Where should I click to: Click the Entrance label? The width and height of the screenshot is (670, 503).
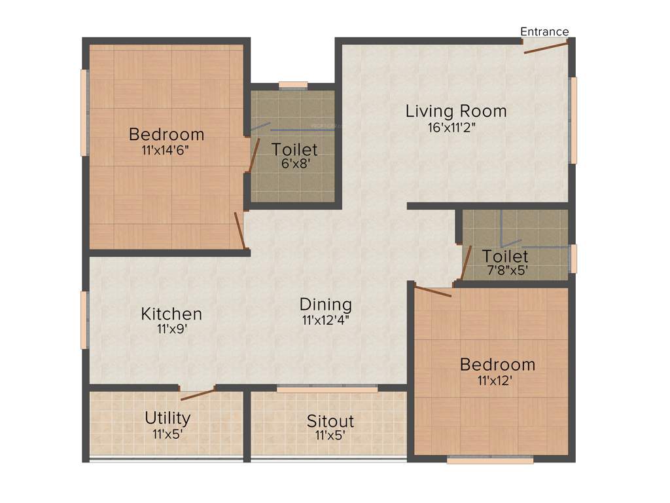pos(544,31)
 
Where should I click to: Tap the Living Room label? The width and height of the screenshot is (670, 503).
pos(456,111)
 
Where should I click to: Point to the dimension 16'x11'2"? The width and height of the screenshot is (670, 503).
pos(451,128)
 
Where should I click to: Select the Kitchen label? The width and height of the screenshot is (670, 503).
pos(171,314)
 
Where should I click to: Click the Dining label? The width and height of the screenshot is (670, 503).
pos(326,305)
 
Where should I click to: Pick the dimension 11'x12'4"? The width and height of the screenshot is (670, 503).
pos(326,321)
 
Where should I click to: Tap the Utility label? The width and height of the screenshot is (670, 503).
pos(167,418)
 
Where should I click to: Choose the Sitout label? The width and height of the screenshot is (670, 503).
pos(330,420)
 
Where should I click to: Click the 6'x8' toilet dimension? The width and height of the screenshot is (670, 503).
pos(294,164)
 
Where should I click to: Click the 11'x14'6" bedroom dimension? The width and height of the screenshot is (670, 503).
pos(166,150)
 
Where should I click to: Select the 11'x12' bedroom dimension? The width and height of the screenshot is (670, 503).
pos(495,379)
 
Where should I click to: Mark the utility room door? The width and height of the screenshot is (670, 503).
pos(198,394)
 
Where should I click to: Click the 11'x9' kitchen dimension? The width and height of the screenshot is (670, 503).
pos(171,329)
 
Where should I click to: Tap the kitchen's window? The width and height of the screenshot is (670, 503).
pos(84,320)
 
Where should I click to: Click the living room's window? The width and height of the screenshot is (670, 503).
pos(573,121)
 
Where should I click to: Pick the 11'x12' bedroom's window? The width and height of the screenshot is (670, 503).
pos(490,460)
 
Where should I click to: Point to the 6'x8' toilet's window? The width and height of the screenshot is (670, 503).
pos(292,84)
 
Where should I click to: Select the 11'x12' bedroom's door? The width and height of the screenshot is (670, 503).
pos(433,291)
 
